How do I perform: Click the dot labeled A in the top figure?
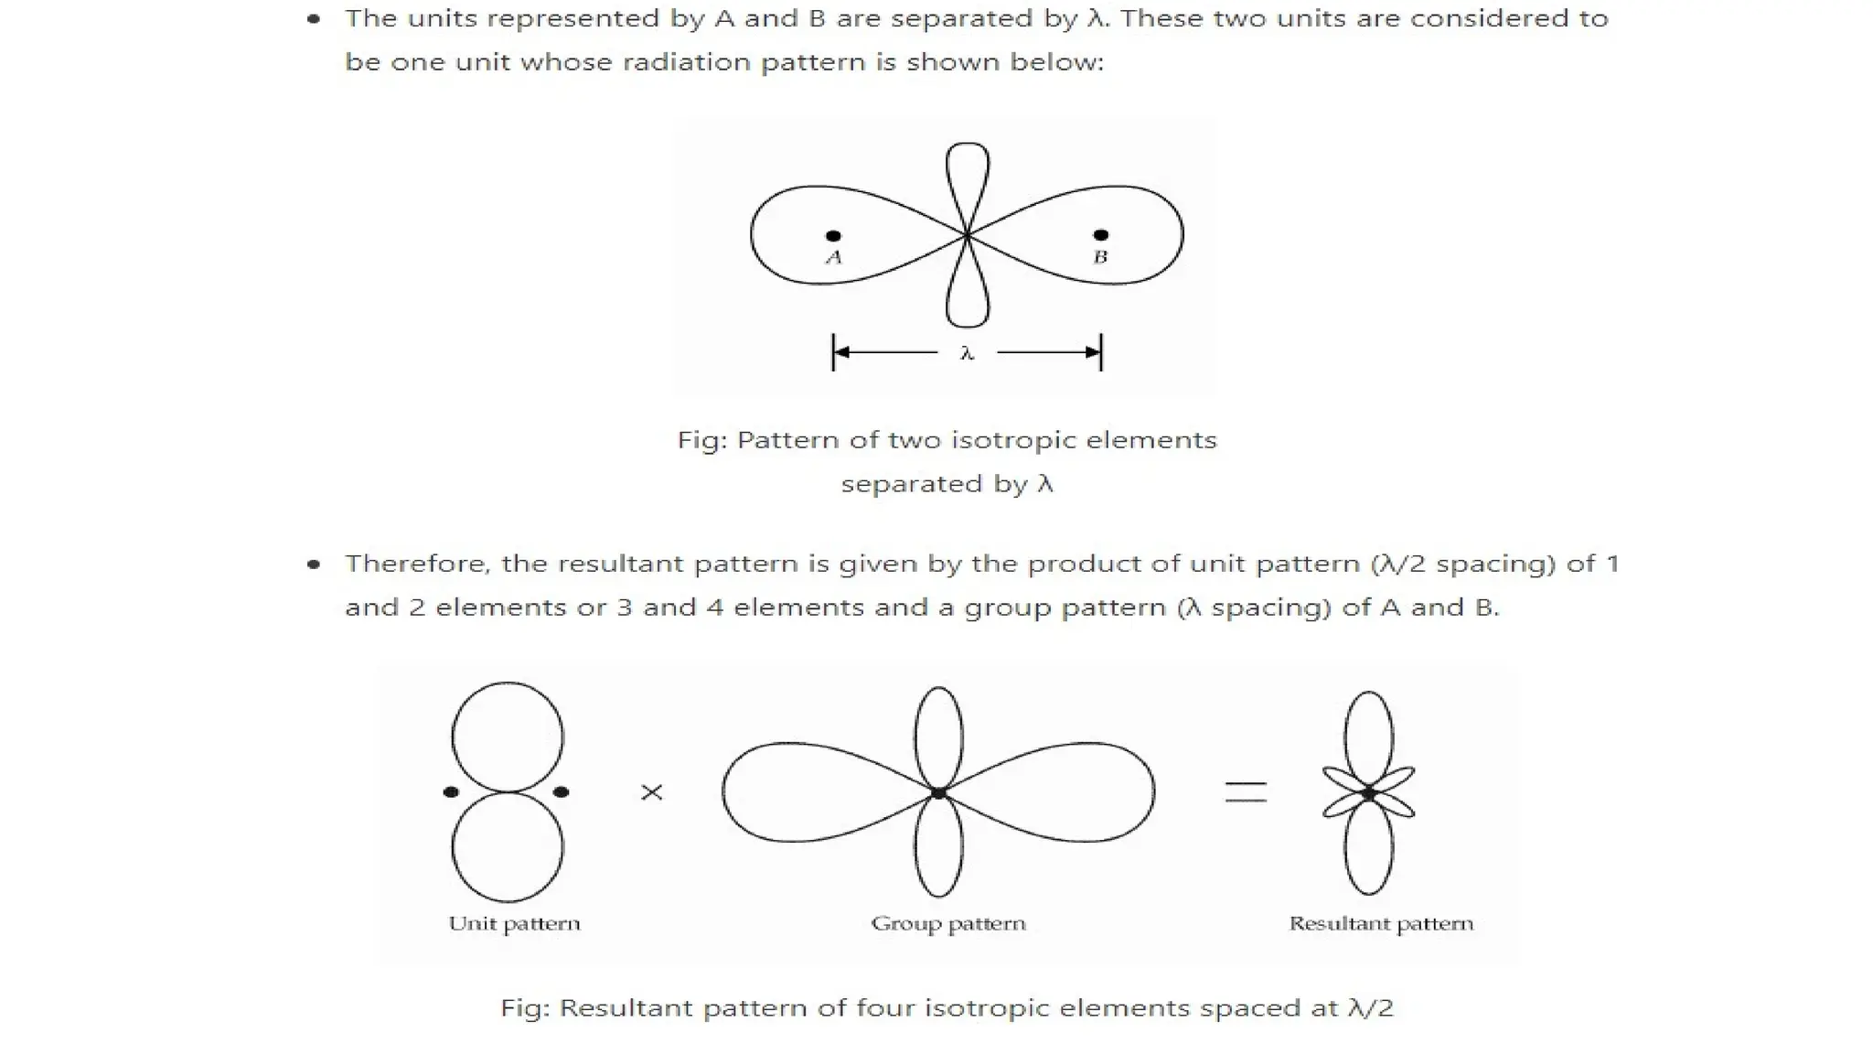(x=833, y=236)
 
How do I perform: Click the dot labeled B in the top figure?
(x=1101, y=235)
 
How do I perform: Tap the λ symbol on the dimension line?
(x=968, y=353)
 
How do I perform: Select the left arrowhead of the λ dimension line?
(x=841, y=352)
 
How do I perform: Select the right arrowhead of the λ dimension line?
(x=1093, y=352)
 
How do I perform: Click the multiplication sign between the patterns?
(x=652, y=792)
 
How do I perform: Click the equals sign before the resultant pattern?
(x=1246, y=792)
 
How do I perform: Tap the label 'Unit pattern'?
(x=514, y=923)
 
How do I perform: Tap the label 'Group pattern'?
(x=948, y=923)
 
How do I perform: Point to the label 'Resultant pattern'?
(x=1381, y=923)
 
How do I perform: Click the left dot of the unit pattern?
(x=451, y=792)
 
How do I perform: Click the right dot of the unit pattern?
(x=562, y=792)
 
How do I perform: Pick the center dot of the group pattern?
(x=938, y=793)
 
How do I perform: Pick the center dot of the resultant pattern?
(x=1368, y=794)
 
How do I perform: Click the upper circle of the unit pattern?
(x=508, y=737)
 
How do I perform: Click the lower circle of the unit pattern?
(x=508, y=846)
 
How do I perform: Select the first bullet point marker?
(x=314, y=18)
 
